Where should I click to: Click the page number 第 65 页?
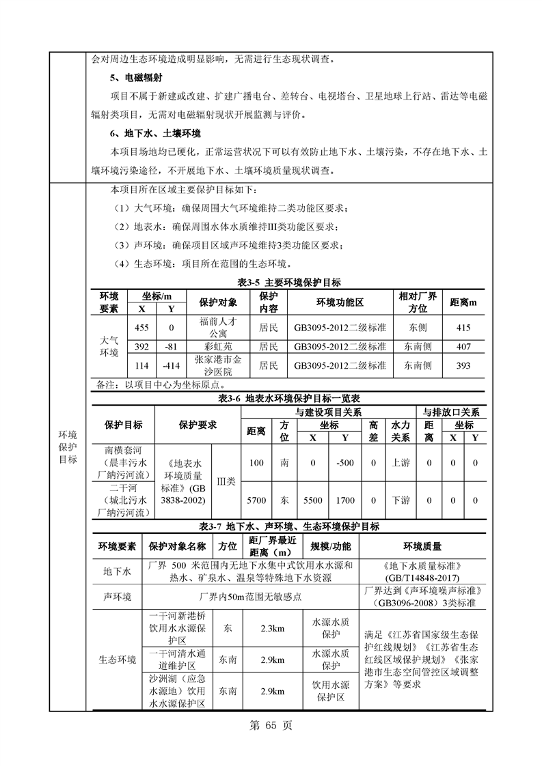271,726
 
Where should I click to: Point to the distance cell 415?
463,327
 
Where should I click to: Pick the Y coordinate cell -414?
172,365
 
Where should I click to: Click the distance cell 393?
463,365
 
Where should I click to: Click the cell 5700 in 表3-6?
256,500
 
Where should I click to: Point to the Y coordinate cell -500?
345,462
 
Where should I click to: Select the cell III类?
226,481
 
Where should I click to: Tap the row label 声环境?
116,596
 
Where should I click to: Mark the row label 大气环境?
109,346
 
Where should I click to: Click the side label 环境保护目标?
68,446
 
